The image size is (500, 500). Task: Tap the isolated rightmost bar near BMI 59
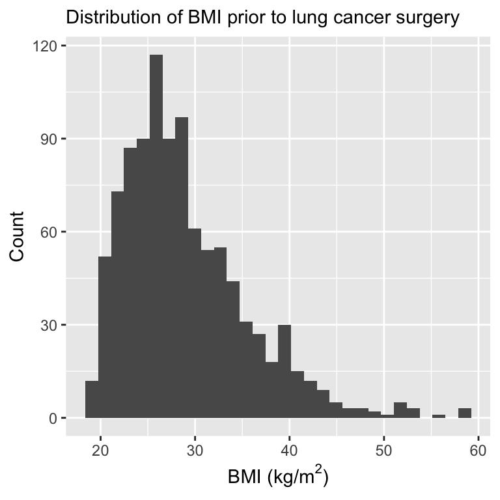465,413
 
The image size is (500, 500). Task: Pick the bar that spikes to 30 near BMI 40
285,371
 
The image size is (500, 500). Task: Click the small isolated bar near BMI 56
439,416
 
